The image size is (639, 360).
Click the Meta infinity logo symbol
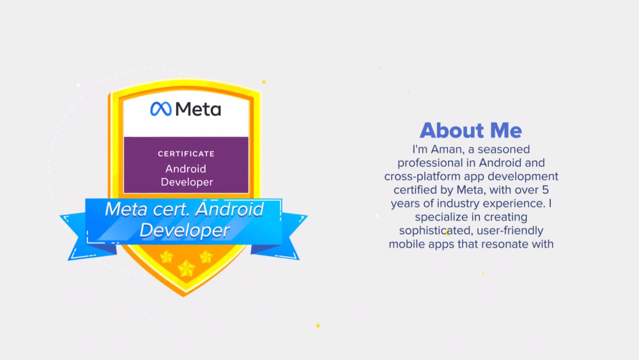click(x=160, y=109)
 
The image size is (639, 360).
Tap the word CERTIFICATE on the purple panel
click(x=186, y=153)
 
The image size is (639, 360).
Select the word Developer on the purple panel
click(x=187, y=182)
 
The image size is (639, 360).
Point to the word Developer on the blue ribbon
click(x=184, y=230)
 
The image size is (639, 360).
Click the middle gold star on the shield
click(x=186, y=268)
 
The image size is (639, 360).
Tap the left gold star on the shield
click(x=167, y=256)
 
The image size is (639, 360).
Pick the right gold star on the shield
click(x=206, y=256)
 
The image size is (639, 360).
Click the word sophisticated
click(x=430, y=230)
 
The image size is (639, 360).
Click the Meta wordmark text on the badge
click(x=197, y=109)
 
